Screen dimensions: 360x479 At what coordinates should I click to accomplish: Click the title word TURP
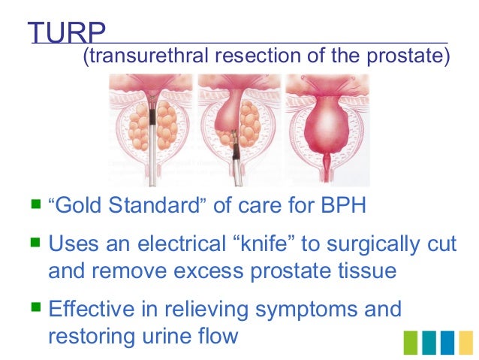pyautogui.click(x=66, y=32)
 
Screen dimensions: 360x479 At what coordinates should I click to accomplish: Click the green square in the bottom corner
pyautogui.click(x=412, y=341)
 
